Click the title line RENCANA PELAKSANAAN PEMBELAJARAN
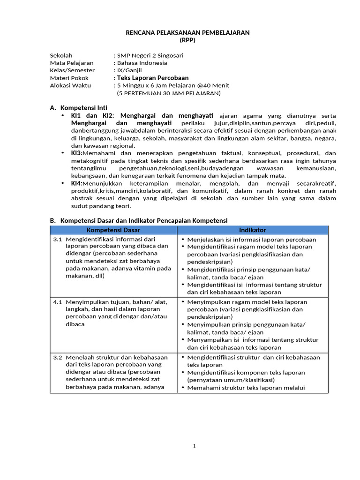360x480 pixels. coord(187,32)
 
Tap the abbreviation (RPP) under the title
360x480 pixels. coord(187,40)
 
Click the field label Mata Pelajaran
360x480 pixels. coord(72,63)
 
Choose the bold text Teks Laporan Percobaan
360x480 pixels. coord(153,78)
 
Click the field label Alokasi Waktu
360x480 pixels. coord(71,85)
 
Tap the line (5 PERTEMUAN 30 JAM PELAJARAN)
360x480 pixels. coord(169,93)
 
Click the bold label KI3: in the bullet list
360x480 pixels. coord(76,153)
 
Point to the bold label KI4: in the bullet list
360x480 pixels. coord(76,183)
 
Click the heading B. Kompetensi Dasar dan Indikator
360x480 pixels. coord(139,220)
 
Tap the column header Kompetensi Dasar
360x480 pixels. coord(113,230)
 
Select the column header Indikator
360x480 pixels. coord(252,230)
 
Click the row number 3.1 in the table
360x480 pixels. coord(57,240)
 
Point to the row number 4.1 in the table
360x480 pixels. coord(57,302)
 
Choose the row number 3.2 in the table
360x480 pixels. coord(57,357)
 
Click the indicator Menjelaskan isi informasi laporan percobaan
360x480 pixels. coord(251,240)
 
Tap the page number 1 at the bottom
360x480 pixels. coord(194,446)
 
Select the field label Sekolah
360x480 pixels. coord(61,55)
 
